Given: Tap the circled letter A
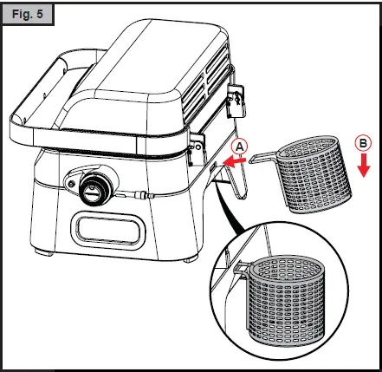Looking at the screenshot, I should coord(240,147).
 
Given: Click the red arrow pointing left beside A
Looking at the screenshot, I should coord(232,161).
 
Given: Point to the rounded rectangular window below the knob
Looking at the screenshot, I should coord(106,231).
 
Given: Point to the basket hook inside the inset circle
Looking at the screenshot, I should coord(241,265).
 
